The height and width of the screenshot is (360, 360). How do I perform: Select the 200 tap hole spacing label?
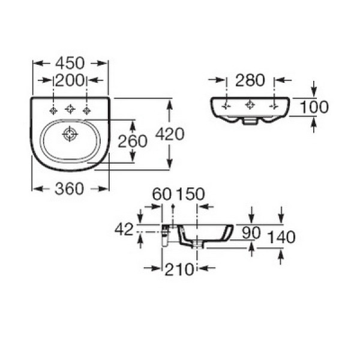pyautogui.click(x=70, y=80)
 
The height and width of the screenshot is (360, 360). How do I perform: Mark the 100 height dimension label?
pyautogui.click(x=314, y=107)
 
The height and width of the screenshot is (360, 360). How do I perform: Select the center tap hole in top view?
pyautogui.click(x=70, y=109)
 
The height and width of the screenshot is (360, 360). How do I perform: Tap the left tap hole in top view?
pyautogui.click(x=53, y=110)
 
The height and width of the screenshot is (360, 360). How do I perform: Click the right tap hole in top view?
pyautogui.click(x=87, y=110)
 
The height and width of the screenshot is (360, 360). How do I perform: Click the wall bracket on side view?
pyautogui.click(x=166, y=232)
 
